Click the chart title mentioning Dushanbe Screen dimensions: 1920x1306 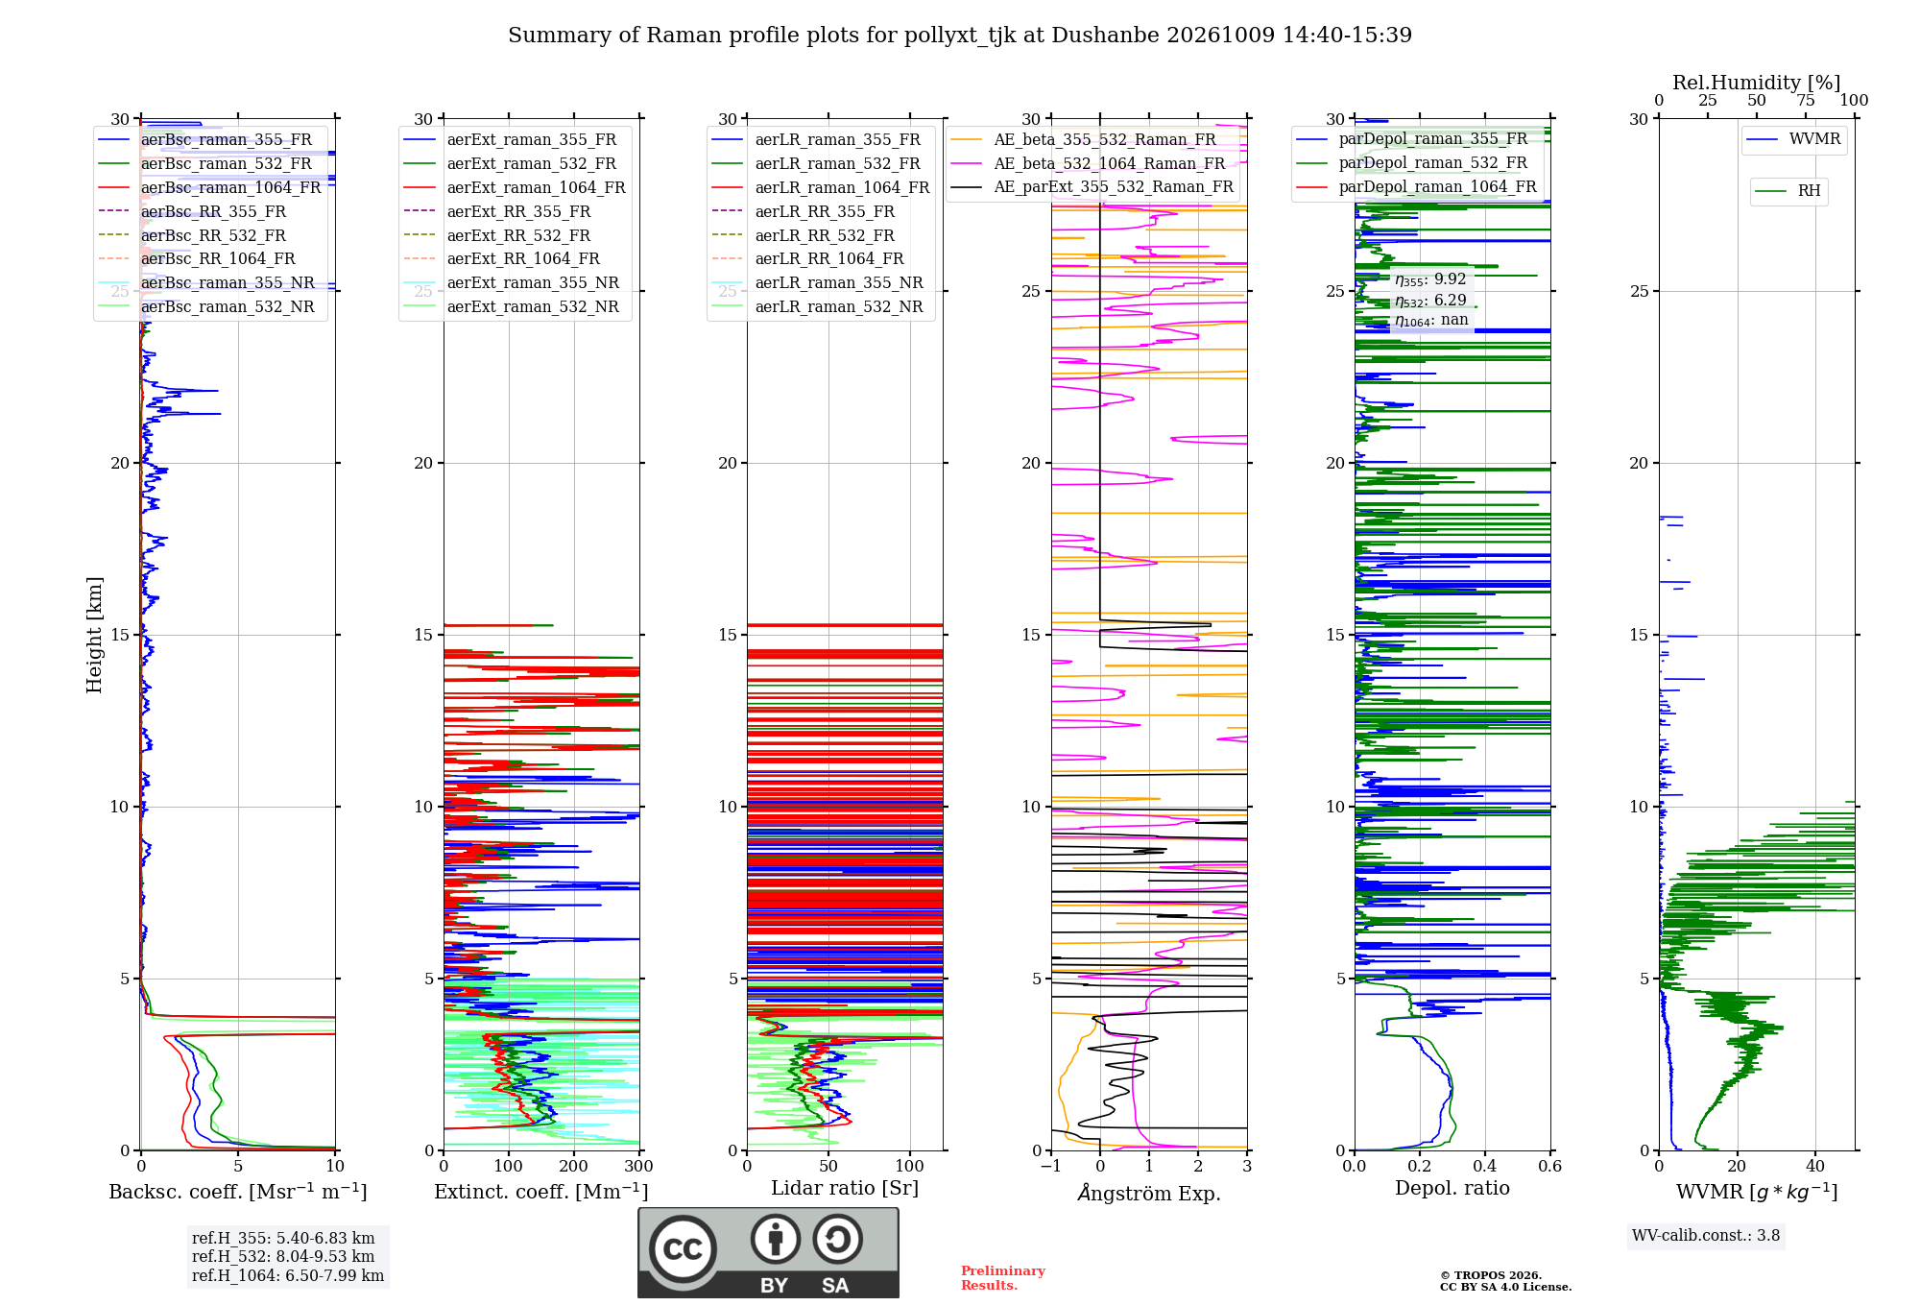point(960,36)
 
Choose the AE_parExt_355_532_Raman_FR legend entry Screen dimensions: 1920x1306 point(1092,186)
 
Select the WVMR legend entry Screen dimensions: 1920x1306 point(1794,139)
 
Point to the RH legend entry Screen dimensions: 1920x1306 point(1788,191)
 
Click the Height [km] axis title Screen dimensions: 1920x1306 point(94,635)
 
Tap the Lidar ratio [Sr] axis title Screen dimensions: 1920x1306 point(845,1188)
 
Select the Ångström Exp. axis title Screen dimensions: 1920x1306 point(1149,1193)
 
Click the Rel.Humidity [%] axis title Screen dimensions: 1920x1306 point(1757,83)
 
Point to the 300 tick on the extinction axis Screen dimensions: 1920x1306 point(639,1166)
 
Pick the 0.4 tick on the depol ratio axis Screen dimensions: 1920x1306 point(1485,1166)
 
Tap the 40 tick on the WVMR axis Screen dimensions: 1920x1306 point(1815,1166)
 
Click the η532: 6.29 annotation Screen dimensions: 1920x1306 point(1430,300)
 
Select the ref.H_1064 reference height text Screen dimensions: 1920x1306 point(288,1275)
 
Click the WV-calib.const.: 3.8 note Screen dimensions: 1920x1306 point(1706,1235)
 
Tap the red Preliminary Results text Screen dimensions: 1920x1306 point(1003,1278)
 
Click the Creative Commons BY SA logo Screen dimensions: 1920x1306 point(768,1253)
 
